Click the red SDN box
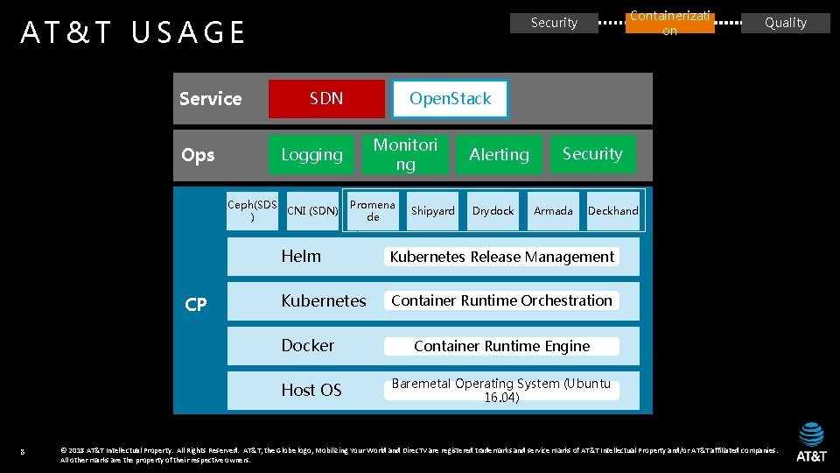(326, 99)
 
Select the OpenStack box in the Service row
(450, 99)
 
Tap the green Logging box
(311, 154)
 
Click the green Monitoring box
(405, 154)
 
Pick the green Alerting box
(499, 154)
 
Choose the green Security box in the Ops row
(592, 154)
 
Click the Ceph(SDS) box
(252, 210)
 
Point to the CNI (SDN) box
(312, 211)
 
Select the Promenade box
(373, 211)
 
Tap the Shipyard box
(433, 211)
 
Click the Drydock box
(493, 211)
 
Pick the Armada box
(553, 211)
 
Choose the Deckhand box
(613, 211)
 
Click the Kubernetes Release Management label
(501, 257)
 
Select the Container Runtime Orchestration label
(501, 300)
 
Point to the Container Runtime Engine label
(501, 346)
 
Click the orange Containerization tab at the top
(669, 23)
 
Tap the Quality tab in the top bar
(786, 23)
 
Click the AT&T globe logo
(811, 434)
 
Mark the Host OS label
(311, 390)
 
